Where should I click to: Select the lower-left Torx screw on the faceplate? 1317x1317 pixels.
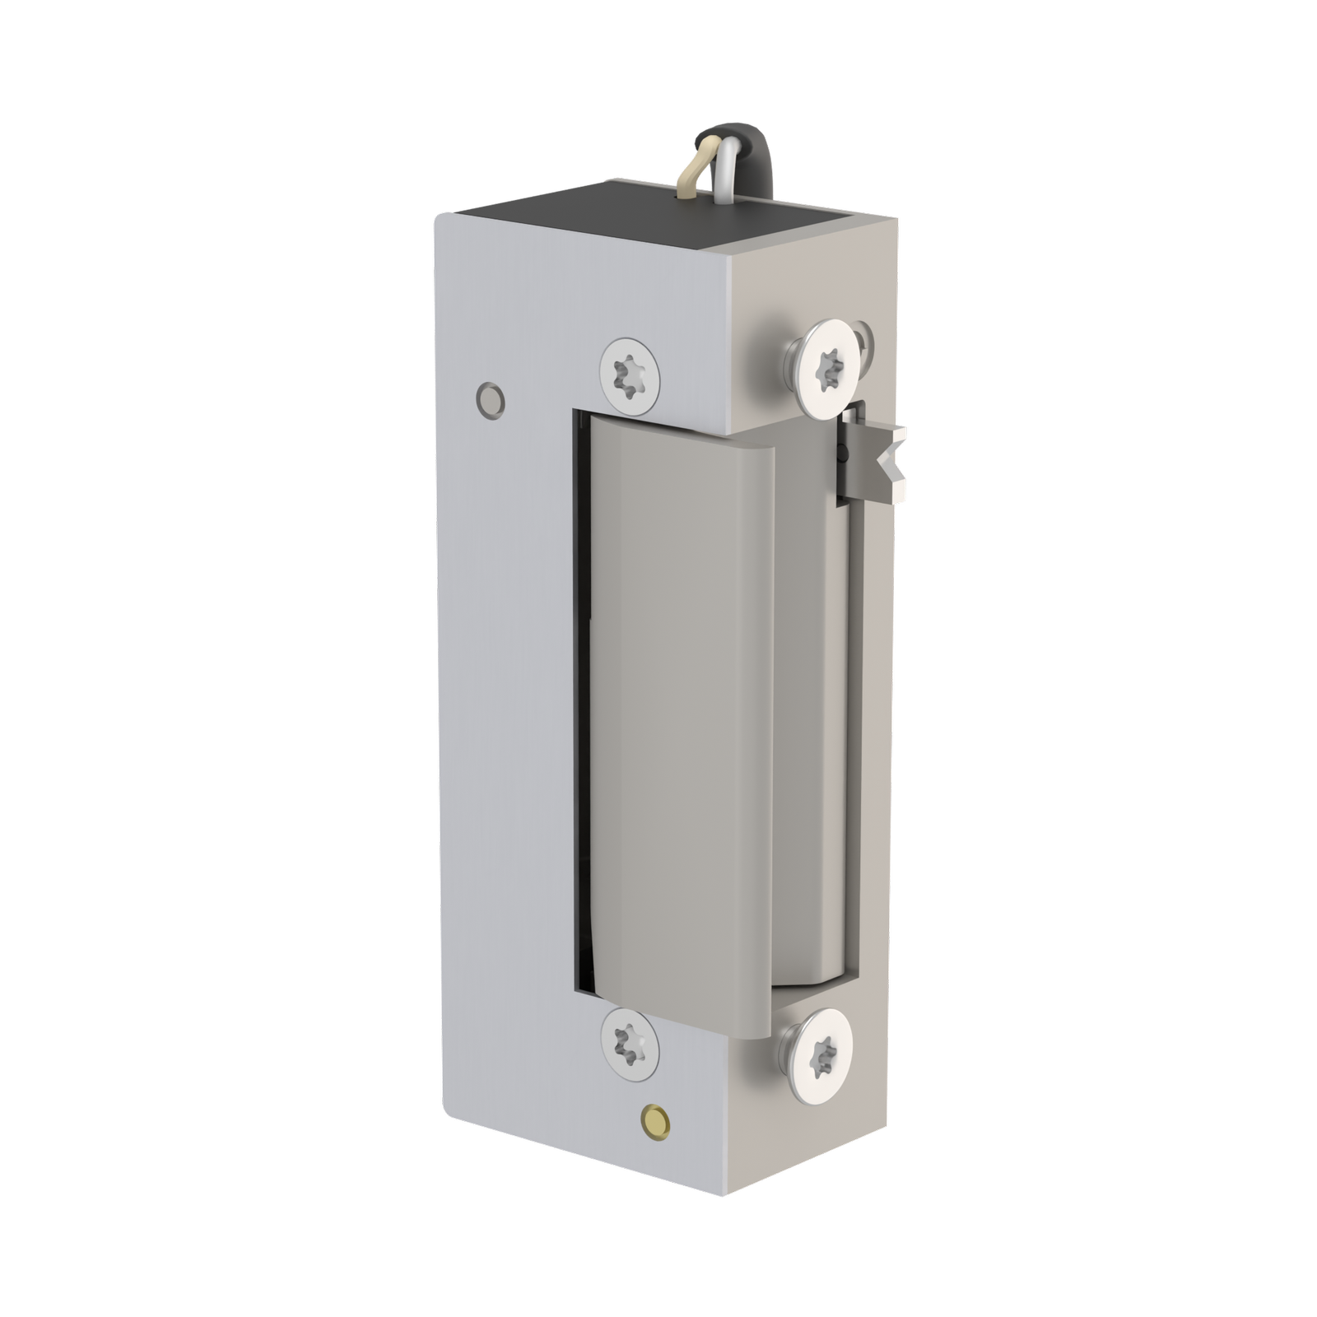click(x=631, y=1047)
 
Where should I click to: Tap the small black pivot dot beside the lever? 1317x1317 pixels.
click(x=840, y=450)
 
